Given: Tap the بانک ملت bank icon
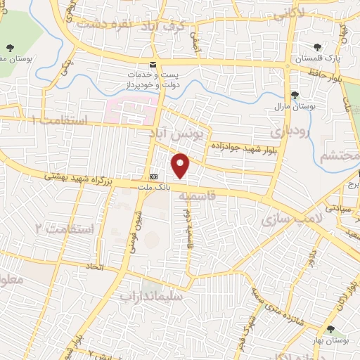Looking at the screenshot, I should pyautogui.click(x=154, y=176).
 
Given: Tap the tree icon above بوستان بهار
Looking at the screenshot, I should pyautogui.click(x=330, y=329).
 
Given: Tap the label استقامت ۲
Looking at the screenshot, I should pyautogui.click(x=64, y=229).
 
